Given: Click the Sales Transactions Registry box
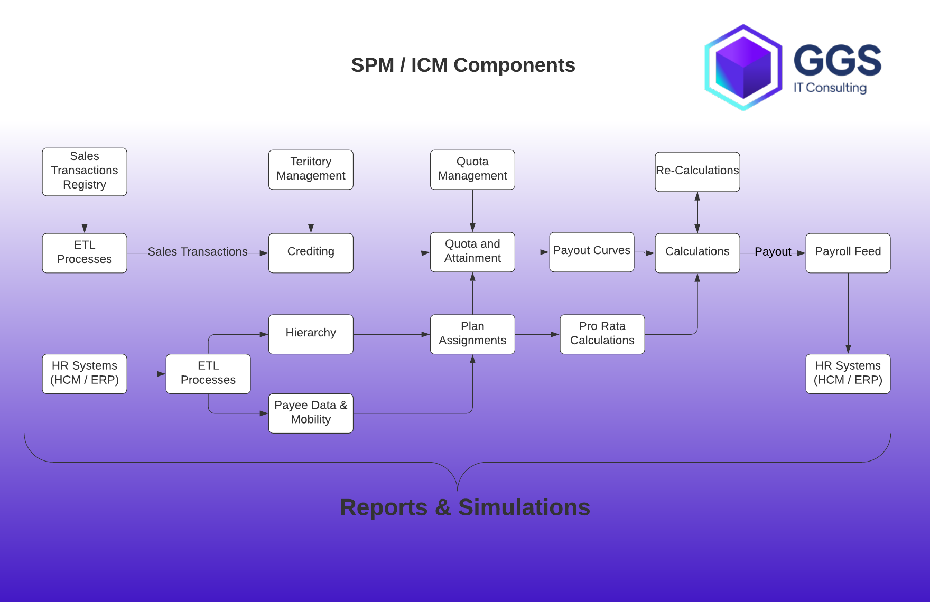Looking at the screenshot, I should (x=85, y=172).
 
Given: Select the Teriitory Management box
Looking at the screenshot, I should (x=311, y=170).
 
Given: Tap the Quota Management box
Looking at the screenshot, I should (x=472, y=170).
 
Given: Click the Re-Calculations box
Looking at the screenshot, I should (x=697, y=172).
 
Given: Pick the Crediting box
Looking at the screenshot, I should (x=311, y=252).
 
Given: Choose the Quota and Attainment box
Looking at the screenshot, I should (x=472, y=252).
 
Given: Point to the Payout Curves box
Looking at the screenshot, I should (x=591, y=252).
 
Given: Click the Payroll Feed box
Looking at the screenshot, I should (x=848, y=252).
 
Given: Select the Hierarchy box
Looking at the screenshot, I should (x=311, y=334).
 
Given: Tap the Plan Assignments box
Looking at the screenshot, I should (x=472, y=334).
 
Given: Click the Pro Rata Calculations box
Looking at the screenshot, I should (x=602, y=334).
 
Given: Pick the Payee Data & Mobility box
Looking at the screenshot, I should (x=311, y=413).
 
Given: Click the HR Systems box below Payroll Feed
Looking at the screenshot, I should (x=848, y=373).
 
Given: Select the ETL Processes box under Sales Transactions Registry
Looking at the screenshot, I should (x=85, y=252).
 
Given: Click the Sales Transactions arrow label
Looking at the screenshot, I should (x=198, y=252).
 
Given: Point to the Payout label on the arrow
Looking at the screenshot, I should (x=773, y=252).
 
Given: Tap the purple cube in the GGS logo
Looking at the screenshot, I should (x=743, y=68).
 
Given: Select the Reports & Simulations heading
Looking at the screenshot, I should (x=464, y=507).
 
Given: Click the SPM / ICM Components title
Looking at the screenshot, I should (x=463, y=65).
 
